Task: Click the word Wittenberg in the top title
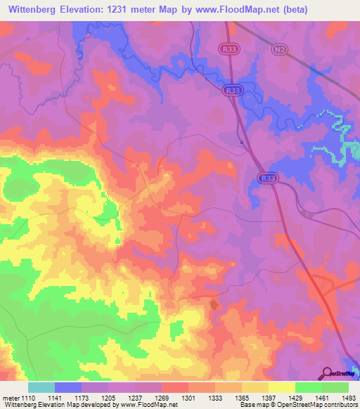(35, 11)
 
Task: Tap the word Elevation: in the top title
(89, 11)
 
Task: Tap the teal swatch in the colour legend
(41, 387)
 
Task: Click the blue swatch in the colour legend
(68, 387)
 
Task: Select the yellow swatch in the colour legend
(281, 387)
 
